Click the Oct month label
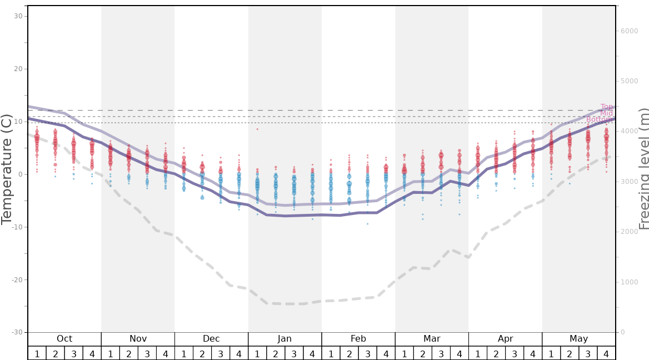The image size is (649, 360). pyautogui.click(x=64, y=339)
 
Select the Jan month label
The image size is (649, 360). pyautogui.click(x=284, y=339)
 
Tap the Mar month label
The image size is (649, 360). pyautogui.click(x=432, y=339)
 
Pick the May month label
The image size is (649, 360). pyautogui.click(x=578, y=339)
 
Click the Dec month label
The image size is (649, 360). pyautogui.click(x=211, y=339)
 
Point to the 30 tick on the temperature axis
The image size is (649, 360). pyautogui.click(x=18, y=16)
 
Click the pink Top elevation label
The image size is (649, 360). pyautogui.click(x=606, y=107)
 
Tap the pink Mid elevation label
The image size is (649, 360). pyautogui.click(x=606, y=113)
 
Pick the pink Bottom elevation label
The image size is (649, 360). pyautogui.click(x=600, y=119)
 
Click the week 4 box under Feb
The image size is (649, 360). pyautogui.click(x=386, y=353)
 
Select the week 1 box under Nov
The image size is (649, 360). pyautogui.click(x=111, y=353)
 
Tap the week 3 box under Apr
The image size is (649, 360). pyautogui.click(x=514, y=353)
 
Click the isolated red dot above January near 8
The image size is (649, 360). pyautogui.click(x=257, y=129)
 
